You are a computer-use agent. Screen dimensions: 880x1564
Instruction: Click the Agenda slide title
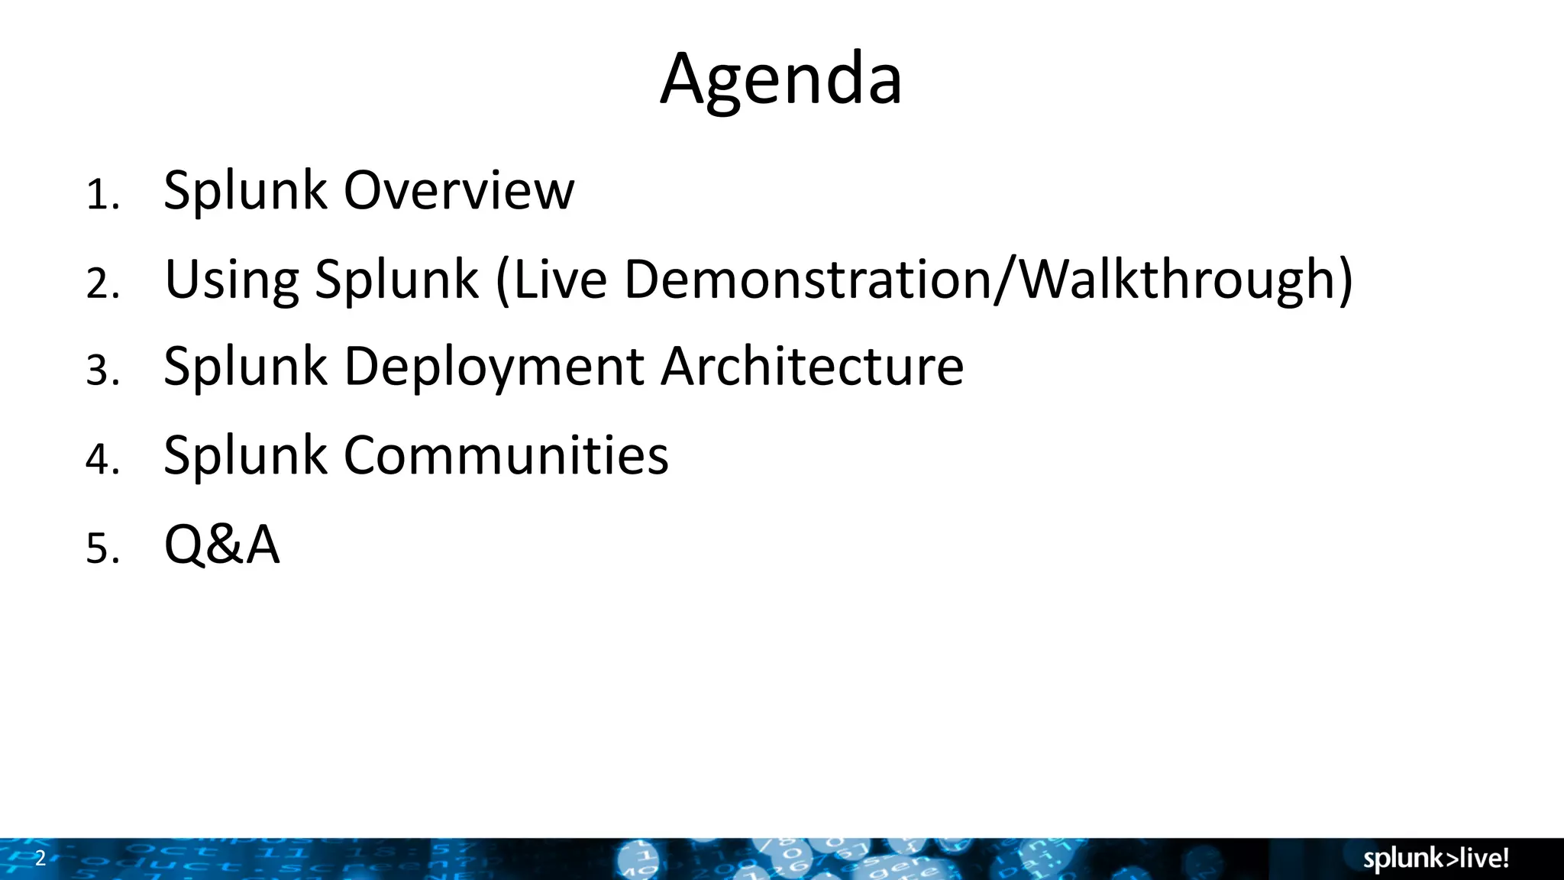[780, 79]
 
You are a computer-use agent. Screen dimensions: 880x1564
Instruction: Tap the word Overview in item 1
[458, 190]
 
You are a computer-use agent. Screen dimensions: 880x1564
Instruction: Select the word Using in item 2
[231, 279]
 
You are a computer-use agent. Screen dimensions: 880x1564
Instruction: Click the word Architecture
[812, 367]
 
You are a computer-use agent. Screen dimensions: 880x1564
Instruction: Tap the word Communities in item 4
[506, 455]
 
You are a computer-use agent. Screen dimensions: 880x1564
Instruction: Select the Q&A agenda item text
[221, 545]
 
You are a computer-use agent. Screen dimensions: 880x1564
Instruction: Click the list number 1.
[102, 196]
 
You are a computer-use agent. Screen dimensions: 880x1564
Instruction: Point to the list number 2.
[102, 284]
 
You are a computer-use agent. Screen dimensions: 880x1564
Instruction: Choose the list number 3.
[102, 372]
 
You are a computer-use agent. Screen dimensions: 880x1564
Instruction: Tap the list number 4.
[102, 461]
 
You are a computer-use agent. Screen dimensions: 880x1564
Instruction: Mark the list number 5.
[102, 549]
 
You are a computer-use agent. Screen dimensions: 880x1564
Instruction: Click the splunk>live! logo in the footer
[1436, 859]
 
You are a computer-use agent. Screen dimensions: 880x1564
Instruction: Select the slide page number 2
[40, 858]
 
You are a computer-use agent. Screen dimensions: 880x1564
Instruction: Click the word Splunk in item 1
[245, 190]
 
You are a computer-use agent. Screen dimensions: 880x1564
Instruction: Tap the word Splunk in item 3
[245, 367]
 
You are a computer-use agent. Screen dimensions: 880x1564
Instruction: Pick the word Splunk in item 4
[245, 455]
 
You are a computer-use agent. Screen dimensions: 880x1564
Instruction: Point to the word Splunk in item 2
[396, 279]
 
